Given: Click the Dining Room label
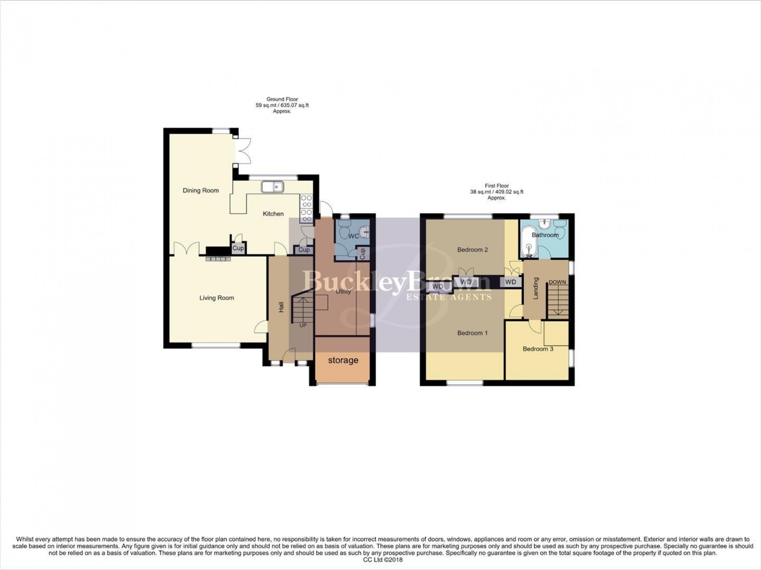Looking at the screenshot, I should (201, 191).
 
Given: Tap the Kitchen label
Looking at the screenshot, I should (273, 214).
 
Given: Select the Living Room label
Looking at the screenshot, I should (217, 298).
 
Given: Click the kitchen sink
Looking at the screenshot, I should (272, 187).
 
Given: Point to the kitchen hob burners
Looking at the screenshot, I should (306, 208).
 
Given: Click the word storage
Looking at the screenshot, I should (343, 360).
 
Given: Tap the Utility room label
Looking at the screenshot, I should (343, 291).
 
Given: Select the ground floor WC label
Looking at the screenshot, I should (353, 236).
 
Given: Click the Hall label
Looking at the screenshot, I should (281, 307).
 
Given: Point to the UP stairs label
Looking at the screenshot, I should (303, 325).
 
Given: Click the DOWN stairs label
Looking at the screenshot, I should (557, 282).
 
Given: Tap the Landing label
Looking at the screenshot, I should (536, 288).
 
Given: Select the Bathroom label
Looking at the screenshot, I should (545, 235).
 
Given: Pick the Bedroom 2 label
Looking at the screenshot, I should (473, 250).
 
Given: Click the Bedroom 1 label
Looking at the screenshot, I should (473, 333).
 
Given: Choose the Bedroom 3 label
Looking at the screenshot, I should (538, 349).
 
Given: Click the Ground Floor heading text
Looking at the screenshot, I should (282, 99).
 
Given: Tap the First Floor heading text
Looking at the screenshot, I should (497, 186).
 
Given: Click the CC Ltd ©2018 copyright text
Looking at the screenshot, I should (380, 560).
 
